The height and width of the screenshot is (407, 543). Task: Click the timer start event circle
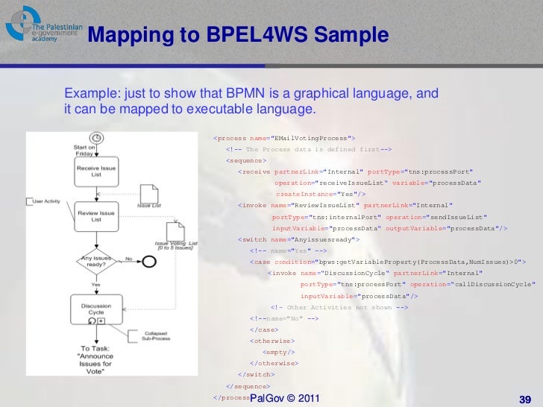[x=96, y=138]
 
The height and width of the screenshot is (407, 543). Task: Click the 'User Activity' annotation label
[x=47, y=201]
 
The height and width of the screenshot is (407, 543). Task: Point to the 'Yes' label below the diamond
[x=95, y=285]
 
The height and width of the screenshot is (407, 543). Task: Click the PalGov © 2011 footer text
[x=286, y=399]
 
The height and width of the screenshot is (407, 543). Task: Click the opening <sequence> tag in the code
[x=246, y=160]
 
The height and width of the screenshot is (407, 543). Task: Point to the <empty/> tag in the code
[x=278, y=351]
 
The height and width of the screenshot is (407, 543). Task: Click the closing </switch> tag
[x=256, y=374]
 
